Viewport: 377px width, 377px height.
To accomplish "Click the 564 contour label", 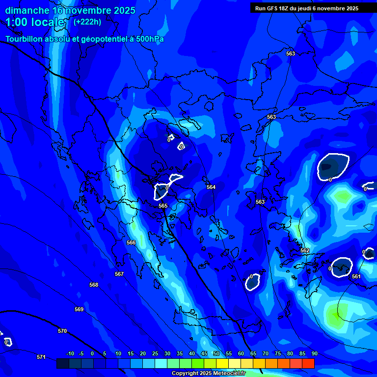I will pyautogui.click(x=211, y=187).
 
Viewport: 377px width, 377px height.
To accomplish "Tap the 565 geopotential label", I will pyautogui.click(x=163, y=206).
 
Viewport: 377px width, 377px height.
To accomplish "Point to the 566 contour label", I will pyautogui.click(x=131, y=243).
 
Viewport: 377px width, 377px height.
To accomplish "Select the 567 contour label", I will pyautogui.click(x=119, y=274).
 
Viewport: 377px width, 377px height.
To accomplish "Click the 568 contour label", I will pyautogui.click(x=94, y=285).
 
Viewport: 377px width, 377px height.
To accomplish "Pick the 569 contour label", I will pyautogui.click(x=79, y=309).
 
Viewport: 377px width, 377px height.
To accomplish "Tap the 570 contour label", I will pyautogui.click(x=62, y=331).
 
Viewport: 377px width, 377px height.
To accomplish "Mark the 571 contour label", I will pyautogui.click(x=41, y=357).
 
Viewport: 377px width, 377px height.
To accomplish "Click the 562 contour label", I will pyautogui.click(x=305, y=250).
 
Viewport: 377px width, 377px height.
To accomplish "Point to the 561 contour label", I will pyautogui.click(x=356, y=276).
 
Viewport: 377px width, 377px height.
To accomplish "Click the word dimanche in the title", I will pyautogui.click(x=27, y=10).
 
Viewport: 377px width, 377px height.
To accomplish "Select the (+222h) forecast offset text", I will pyautogui.click(x=87, y=22).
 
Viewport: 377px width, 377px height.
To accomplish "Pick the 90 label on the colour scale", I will pyautogui.click(x=314, y=353).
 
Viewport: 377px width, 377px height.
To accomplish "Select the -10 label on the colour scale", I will pyautogui.click(x=70, y=353).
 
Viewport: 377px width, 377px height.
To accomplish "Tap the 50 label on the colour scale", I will pyautogui.click(x=216, y=353).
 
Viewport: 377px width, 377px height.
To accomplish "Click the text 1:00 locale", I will pyautogui.click(x=35, y=22).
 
